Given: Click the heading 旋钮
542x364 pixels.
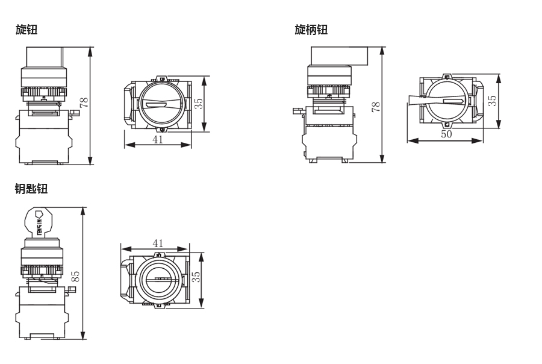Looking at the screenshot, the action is pyautogui.click(x=26, y=30).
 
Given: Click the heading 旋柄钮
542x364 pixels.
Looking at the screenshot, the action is pyautogui.click(x=311, y=30).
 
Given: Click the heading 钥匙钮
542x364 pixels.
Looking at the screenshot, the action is pyautogui.click(x=31, y=189).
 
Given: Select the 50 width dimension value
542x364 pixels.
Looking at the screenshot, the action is pyautogui.click(x=446, y=134).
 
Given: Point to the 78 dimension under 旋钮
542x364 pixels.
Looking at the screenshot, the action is pyautogui.click(x=84, y=102).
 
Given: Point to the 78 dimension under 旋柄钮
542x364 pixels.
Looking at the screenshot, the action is pyautogui.click(x=376, y=107).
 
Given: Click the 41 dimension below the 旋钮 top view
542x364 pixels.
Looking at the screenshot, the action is pyautogui.click(x=158, y=139).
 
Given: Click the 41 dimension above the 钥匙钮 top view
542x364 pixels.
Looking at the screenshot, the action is pyautogui.click(x=158, y=243).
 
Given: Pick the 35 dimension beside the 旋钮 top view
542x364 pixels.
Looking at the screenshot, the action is pyautogui.click(x=198, y=103).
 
